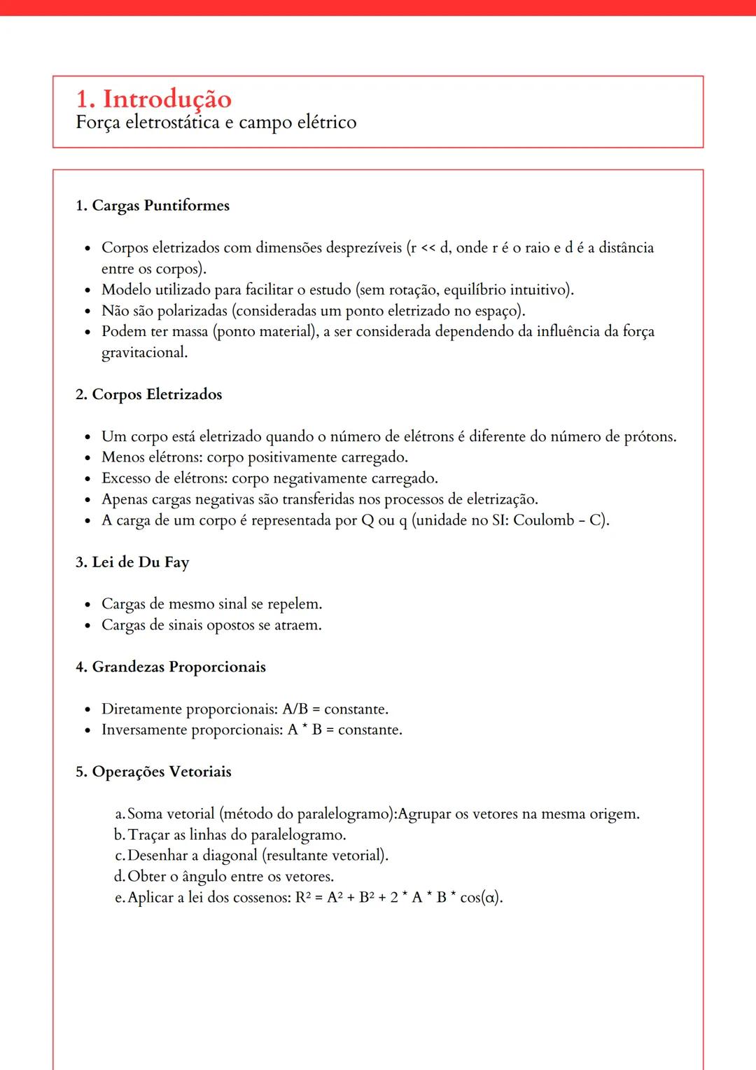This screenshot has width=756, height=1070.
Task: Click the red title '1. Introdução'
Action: [x=153, y=99]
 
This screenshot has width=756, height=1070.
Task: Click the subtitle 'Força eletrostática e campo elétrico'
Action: [x=216, y=123]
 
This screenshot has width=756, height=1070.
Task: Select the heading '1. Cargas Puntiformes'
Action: [x=153, y=206]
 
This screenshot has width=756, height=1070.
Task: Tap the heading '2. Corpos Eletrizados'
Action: [x=148, y=394]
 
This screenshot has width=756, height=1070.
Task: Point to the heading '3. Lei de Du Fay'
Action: [x=132, y=562]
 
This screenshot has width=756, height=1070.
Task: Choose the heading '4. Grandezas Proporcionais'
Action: [x=171, y=667]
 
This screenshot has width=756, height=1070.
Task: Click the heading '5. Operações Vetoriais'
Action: [x=153, y=772]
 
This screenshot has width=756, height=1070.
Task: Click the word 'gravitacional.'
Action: [x=144, y=352]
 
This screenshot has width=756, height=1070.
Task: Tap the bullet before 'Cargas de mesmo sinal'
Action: [x=87, y=605]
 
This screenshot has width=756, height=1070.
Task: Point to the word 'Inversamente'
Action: [x=144, y=730]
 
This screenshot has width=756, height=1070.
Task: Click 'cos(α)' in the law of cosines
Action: [x=481, y=898]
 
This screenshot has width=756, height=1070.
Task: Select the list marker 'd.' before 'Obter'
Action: [x=120, y=877]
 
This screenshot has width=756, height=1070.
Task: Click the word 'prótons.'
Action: [x=650, y=437]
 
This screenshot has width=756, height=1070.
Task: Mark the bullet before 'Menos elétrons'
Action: [x=87, y=459]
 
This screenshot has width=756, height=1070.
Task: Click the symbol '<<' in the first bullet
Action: [x=428, y=248]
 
